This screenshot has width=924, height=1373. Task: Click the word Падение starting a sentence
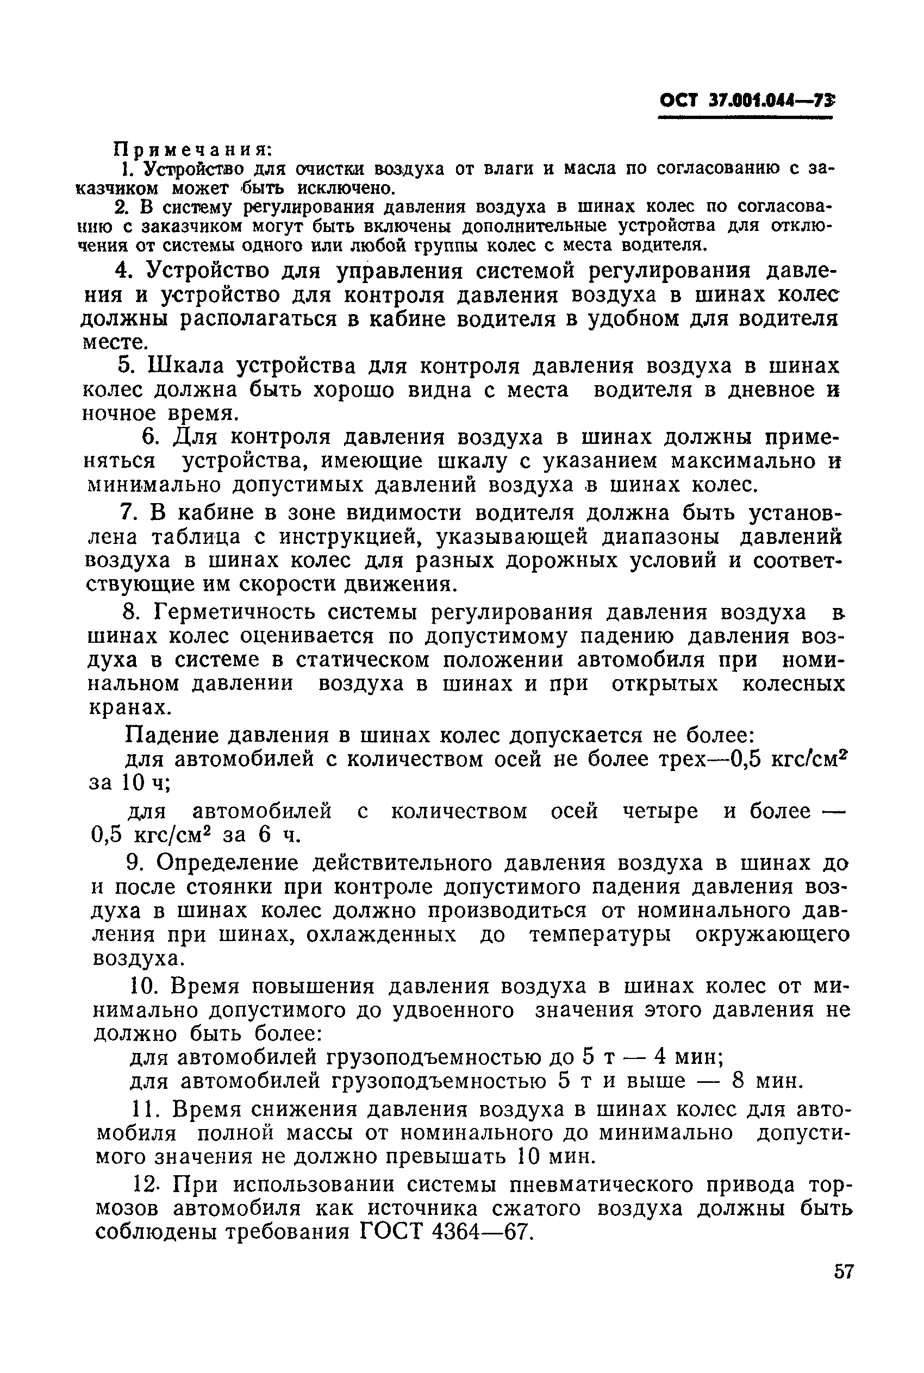coord(172,736)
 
